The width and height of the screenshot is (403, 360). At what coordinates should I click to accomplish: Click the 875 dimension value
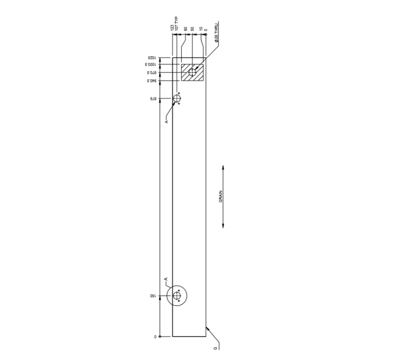tap(153, 99)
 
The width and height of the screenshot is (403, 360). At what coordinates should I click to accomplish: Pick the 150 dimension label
tap(153, 297)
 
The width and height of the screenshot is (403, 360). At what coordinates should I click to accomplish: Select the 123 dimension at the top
tap(172, 28)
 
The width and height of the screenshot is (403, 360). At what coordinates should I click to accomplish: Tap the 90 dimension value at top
tap(186, 29)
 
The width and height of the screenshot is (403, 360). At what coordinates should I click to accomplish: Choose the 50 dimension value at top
tap(192, 29)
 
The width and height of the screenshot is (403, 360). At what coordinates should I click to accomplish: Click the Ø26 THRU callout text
tap(217, 33)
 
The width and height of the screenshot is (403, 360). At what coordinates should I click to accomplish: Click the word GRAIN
tap(221, 196)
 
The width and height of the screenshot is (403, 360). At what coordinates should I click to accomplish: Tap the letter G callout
tap(215, 348)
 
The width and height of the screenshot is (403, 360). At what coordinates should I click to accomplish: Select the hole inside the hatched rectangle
tap(193, 72)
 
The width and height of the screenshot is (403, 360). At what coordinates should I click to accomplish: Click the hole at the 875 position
tap(177, 99)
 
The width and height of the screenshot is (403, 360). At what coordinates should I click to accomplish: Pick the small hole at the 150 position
tap(177, 297)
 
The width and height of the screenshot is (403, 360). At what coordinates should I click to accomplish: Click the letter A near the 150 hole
tap(166, 279)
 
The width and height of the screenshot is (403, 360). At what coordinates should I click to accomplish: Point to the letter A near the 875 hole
tap(166, 121)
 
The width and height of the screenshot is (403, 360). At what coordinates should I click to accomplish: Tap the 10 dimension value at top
tap(201, 29)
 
